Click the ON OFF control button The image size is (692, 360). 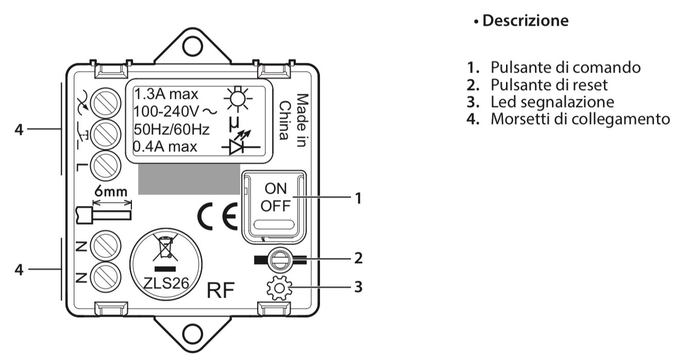pyautogui.click(x=274, y=198)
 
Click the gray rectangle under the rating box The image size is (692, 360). pyautogui.click(x=189, y=180)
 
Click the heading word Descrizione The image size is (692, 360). pyautogui.click(x=525, y=21)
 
